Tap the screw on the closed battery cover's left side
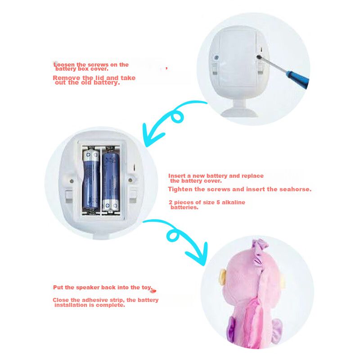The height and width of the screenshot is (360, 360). [216, 58]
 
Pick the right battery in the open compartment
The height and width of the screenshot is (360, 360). [111, 181]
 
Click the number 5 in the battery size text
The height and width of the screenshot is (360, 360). [218, 202]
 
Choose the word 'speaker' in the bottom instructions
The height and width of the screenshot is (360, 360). [88, 288]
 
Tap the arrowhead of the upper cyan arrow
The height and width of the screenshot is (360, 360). [152, 135]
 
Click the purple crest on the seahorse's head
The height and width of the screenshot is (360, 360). [260, 246]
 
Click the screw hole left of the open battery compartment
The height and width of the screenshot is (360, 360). [72, 181]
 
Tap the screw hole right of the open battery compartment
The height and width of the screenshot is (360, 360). [130, 180]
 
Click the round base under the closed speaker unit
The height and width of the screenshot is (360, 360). [239, 113]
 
